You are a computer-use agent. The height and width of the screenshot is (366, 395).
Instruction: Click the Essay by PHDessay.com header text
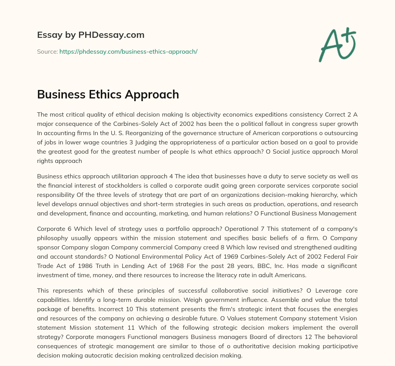tap(91, 35)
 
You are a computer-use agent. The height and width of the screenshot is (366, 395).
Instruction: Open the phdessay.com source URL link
tap(128, 51)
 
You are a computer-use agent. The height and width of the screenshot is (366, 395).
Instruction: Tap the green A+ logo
tap(337, 44)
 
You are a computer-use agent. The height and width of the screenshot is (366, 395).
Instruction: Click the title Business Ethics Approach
tap(108, 94)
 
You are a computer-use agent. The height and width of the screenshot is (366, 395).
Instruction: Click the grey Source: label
tap(47, 51)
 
